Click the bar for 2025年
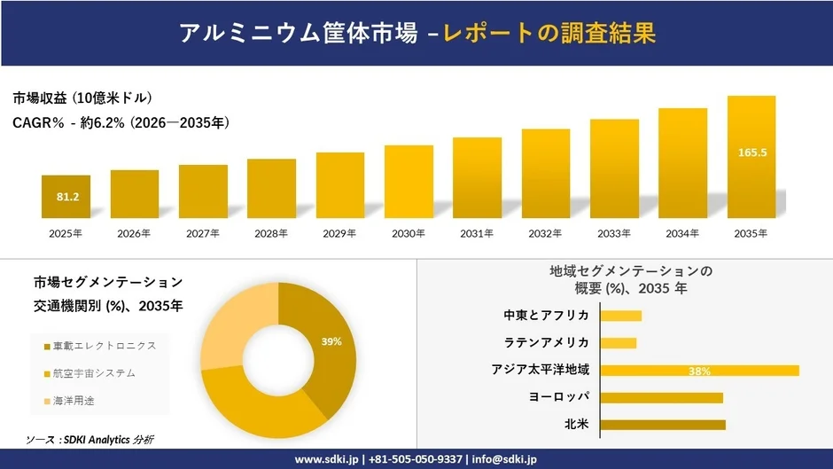coord(66,197)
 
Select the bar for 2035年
coord(751,157)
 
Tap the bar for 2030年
coord(409,182)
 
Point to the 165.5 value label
coord(751,152)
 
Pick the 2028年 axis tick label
coord(272,234)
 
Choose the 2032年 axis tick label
coord(546,234)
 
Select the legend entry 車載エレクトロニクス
coord(104,346)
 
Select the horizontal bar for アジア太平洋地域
coord(699,371)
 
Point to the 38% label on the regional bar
coord(699,371)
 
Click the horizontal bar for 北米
coord(663,425)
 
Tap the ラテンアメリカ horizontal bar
coord(619,343)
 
